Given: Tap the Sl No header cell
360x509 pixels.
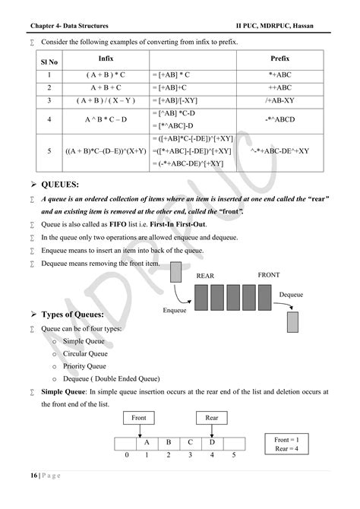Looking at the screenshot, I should (49, 61).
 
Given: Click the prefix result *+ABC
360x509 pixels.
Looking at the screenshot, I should (279, 75).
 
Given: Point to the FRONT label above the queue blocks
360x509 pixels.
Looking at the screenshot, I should (270, 273).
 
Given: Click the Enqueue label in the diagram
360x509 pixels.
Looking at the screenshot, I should (175, 310).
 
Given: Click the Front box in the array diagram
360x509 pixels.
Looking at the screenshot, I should (138, 418).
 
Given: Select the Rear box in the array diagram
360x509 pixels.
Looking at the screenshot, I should (212, 418).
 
